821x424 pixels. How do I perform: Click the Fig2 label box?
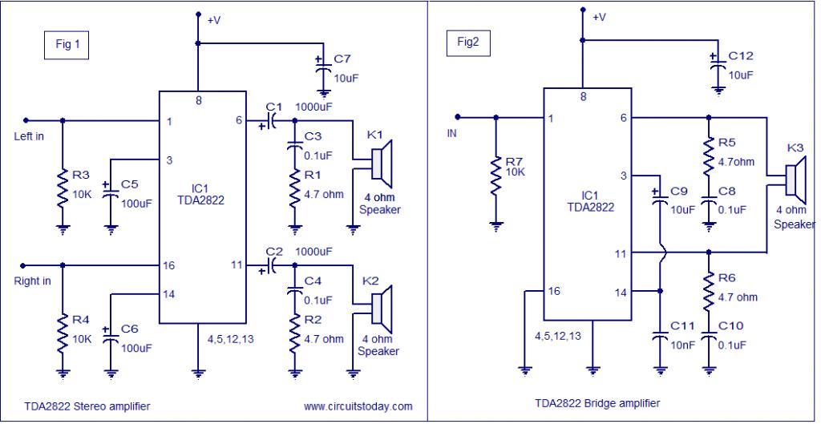click(x=467, y=42)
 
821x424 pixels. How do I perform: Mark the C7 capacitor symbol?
click(x=323, y=67)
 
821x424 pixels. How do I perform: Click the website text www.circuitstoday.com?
click(x=358, y=406)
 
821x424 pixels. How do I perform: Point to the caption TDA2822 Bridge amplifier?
click(x=594, y=403)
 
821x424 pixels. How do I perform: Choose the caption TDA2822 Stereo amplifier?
click(x=76, y=406)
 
